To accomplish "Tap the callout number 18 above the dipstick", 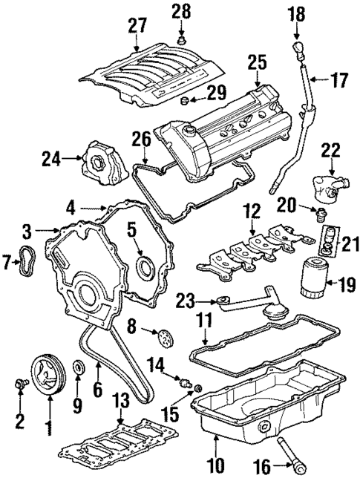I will point(295,14).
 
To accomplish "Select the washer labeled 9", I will point(77,369).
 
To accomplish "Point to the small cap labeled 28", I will point(181,37).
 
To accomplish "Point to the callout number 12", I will point(254,211).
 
